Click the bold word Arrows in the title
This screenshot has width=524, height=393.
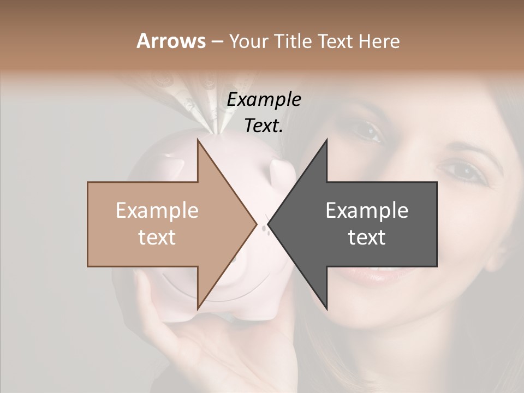tap(170, 41)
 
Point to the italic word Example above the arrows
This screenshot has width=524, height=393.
tap(264, 99)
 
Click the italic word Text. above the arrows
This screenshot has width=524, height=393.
tap(264, 126)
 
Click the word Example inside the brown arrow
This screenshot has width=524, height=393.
tap(157, 210)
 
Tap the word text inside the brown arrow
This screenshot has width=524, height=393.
tap(157, 237)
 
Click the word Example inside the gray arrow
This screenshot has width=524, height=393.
tap(367, 210)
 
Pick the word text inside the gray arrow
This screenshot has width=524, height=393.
tap(367, 237)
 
